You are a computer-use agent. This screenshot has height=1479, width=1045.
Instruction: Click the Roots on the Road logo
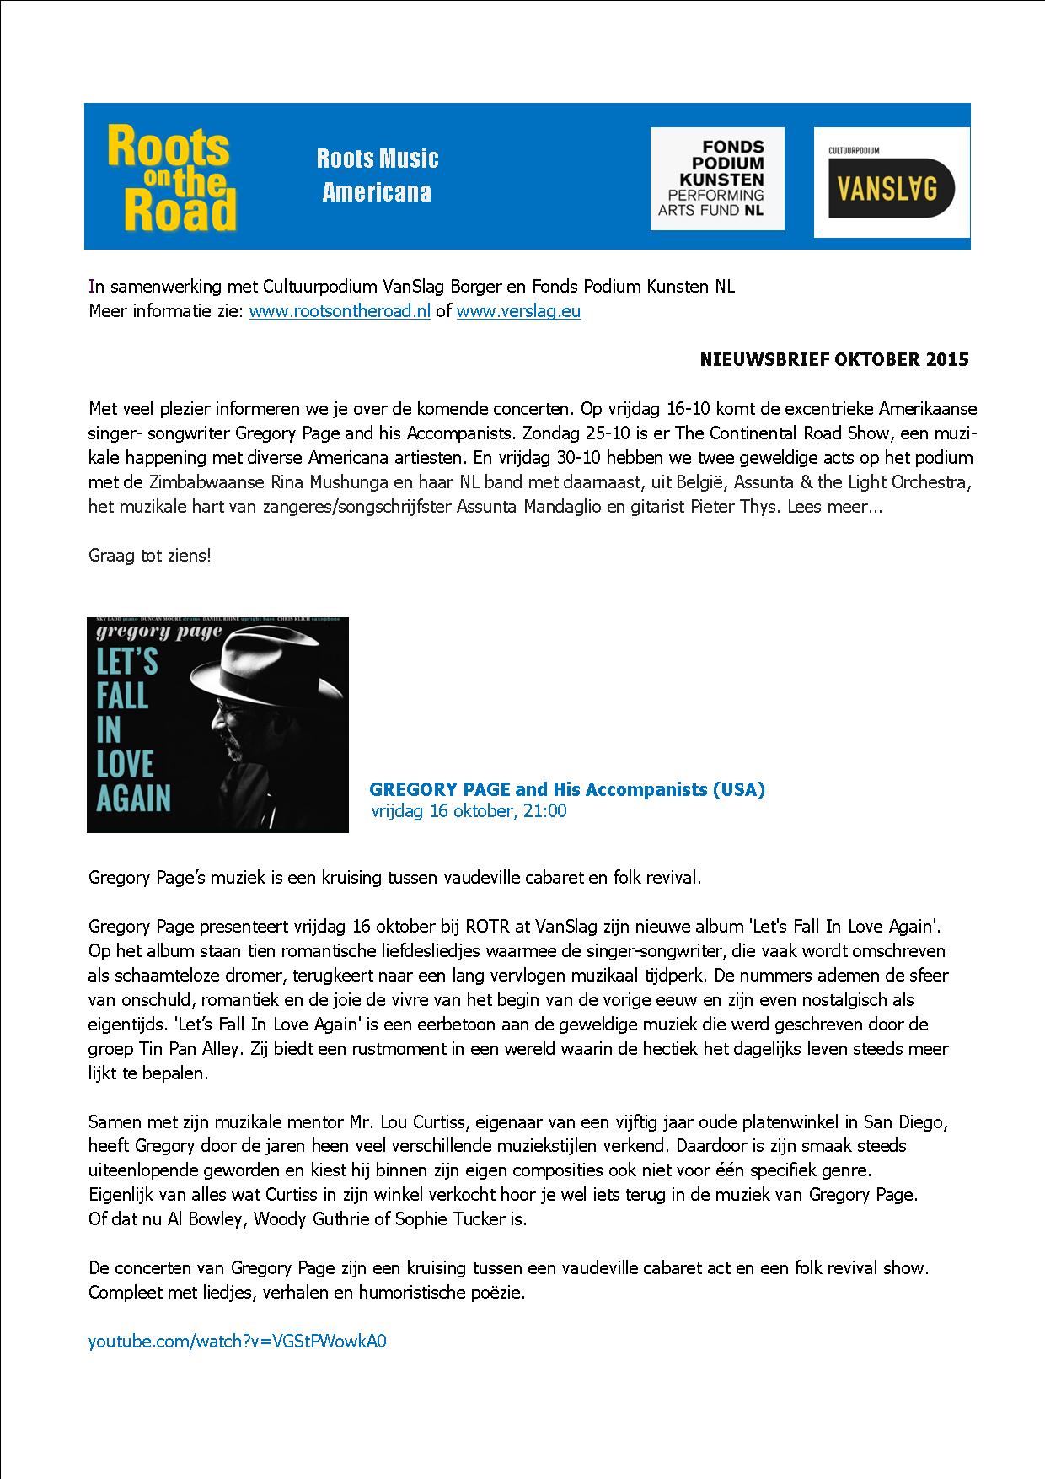[172, 178]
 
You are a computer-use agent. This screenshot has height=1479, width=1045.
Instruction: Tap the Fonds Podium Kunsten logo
[717, 178]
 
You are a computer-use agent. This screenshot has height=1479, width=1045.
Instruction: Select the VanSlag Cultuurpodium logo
[891, 182]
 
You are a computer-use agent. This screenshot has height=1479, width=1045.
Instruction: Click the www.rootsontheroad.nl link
[340, 311]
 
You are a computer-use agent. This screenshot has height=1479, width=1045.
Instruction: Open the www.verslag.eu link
[518, 311]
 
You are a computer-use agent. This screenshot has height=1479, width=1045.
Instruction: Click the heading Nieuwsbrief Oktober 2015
[834, 360]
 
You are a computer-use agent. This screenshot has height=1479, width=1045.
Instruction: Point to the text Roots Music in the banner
[378, 159]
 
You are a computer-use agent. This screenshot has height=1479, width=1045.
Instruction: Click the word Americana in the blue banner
[377, 192]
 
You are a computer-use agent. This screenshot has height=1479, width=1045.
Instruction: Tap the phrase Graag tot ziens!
[150, 557]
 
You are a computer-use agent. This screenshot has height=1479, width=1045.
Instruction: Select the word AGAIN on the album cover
[134, 797]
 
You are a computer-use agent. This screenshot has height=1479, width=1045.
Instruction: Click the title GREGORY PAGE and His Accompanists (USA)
[567, 789]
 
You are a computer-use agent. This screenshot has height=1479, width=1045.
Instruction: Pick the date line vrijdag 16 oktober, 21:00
[469, 811]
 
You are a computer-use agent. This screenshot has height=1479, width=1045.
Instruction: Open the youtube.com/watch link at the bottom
[238, 1342]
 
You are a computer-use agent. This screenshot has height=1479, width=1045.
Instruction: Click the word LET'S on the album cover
[126, 661]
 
